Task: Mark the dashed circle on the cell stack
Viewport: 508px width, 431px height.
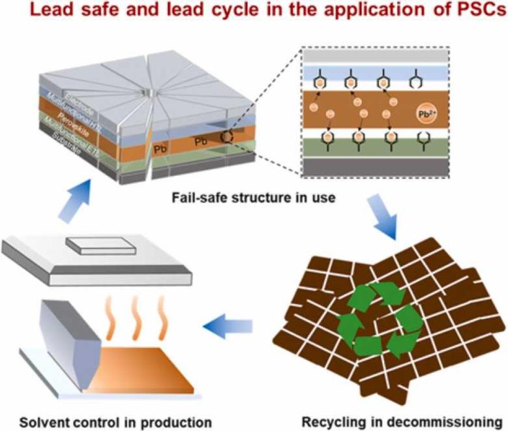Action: coord(228,138)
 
